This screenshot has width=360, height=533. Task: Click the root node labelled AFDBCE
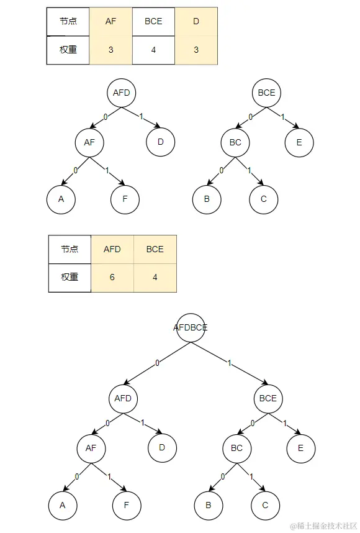[x=191, y=327]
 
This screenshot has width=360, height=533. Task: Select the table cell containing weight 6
[x=112, y=277]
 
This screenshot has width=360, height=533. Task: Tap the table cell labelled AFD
[x=112, y=249]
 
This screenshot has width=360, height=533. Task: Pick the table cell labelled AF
[x=110, y=21]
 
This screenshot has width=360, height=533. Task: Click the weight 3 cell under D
[x=196, y=50]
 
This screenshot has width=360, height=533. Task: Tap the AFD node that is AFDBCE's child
[x=123, y=398]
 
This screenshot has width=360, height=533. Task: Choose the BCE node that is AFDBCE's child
[x=268, y=398]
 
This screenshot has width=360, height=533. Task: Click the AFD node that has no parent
[x=122, y=93]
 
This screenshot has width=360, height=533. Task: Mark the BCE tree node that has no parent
[x=266, y=93]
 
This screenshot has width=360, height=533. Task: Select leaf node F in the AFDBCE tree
[x=127, y=505]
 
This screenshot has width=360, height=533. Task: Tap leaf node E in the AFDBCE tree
[x=301, y=448]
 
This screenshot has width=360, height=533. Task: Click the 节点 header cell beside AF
[x=68, y=21]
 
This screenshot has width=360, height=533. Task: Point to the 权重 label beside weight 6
[x=70, y=277]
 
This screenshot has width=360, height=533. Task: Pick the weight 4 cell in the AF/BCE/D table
[x=153, y=50]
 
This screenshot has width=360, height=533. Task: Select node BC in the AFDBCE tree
[x=236, y=448]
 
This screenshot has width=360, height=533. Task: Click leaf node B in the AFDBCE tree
[x=208, y=505]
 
